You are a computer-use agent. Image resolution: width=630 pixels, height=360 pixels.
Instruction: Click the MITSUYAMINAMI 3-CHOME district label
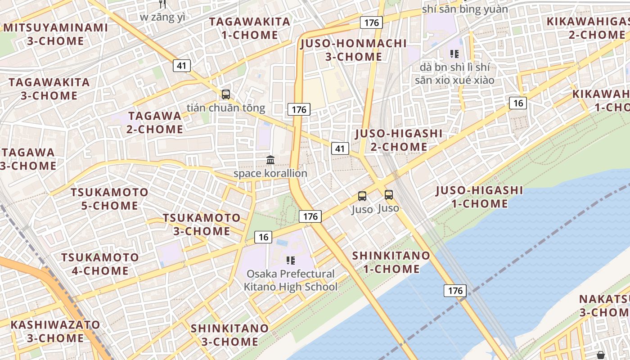coord(55,34)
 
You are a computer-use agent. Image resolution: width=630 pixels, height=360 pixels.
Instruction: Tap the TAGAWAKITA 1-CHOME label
coord(250,28)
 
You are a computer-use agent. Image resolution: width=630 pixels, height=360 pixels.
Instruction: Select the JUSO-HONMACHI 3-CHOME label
coord(353,50)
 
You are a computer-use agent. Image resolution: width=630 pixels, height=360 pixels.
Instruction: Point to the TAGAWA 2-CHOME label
coord(155,122)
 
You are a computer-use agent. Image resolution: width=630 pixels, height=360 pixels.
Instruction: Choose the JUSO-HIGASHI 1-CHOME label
coord(479,197)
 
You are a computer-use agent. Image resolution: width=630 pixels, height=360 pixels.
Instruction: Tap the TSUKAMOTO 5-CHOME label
coord(109,199)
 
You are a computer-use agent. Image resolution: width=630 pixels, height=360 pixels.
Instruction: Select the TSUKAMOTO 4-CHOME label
coord(100,264)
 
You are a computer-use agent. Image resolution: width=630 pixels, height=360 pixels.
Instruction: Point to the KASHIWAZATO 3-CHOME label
coord(55,331)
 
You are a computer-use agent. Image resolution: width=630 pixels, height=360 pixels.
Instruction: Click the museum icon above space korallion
coord(270,160)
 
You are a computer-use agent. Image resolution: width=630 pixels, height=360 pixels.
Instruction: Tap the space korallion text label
coord(270,173)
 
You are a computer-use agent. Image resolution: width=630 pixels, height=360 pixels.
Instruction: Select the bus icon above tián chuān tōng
coord(226,94)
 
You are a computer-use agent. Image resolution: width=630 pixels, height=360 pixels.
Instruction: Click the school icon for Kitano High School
coord(290,260)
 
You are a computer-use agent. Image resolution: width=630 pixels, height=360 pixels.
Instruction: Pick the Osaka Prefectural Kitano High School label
coord(291,280)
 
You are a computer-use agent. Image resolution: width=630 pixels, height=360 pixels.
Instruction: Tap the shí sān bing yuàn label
coord(465,9)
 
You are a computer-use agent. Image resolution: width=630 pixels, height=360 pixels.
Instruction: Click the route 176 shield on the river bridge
coord(455,290)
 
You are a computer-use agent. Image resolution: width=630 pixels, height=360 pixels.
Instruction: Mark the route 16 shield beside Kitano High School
coord(263,237)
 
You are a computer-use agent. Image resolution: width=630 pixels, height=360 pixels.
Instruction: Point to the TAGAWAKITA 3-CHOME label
coord(49,89)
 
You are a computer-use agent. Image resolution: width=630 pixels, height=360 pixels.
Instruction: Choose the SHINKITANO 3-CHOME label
coord(229,335)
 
